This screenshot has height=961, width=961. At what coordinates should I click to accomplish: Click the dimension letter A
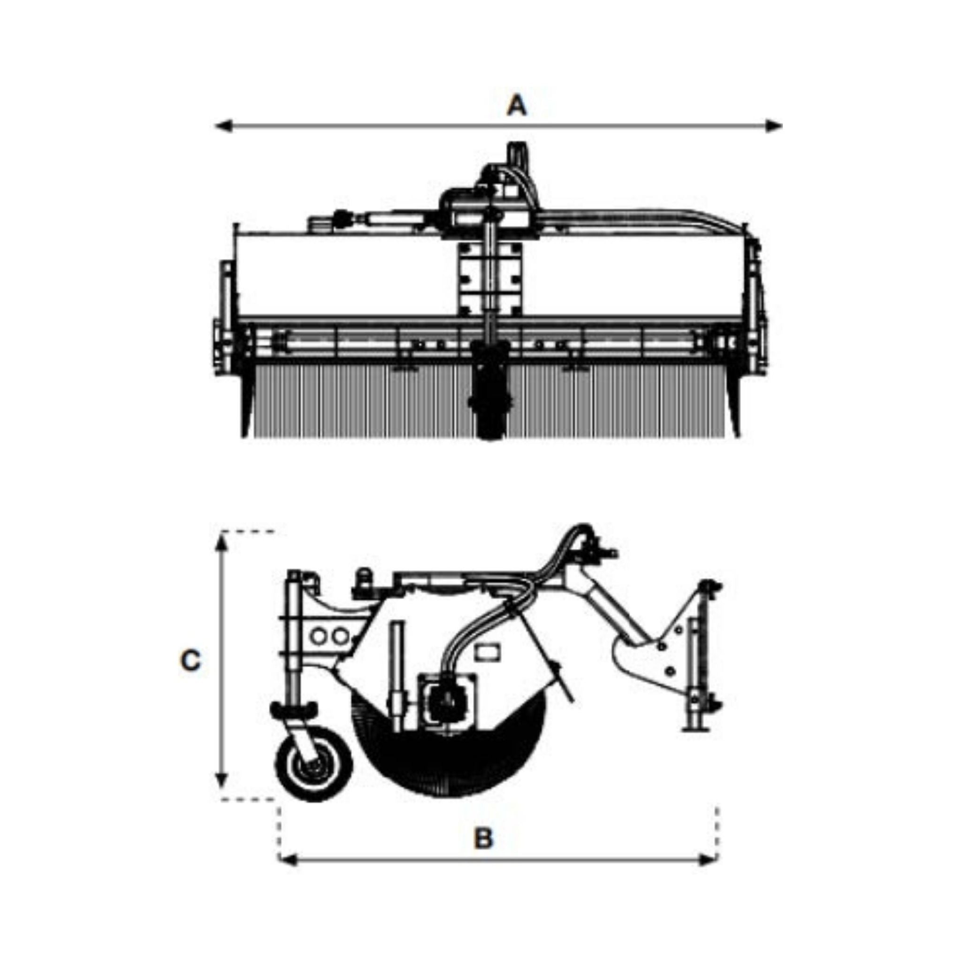[516, 106]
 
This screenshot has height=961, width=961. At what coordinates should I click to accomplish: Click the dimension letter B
[483, 838]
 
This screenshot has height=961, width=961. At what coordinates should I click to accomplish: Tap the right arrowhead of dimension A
[774, 126]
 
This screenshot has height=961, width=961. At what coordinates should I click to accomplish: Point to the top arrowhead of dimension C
[222, 543]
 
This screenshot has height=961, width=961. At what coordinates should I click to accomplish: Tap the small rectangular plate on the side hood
[488, 652]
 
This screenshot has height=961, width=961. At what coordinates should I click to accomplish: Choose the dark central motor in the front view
[490, 393]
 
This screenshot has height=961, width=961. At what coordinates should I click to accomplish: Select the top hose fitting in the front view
[517, 154]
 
